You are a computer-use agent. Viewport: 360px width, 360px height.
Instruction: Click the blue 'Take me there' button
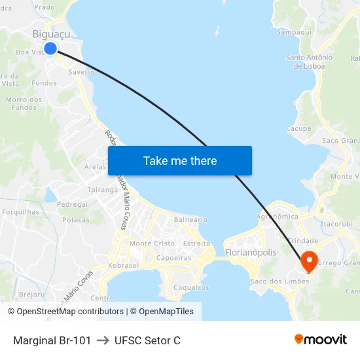pyautogui.click(x=180, y=160)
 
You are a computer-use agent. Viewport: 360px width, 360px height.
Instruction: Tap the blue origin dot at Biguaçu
pyautogui.click(x=50, y=48)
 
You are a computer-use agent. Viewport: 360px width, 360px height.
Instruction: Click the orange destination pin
pyautogui.click(x=308, y=262)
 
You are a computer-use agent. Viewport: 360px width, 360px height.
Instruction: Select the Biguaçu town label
pyautogui.click(x=51, y=34)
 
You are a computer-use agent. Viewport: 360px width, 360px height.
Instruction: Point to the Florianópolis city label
pyautogui.click(x=250, y=253)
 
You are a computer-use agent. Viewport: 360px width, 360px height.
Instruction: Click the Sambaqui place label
pyautogui.click(x=294, y=31)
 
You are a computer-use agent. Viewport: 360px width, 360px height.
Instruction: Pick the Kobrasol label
pyautogui.click(x=123, y=266)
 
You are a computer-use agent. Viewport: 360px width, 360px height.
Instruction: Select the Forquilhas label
pyautogui.click(x=21, y=212)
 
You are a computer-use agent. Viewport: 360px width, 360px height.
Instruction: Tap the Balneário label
pyautogui.click(x=191, y=220)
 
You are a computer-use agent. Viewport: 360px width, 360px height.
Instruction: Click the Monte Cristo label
pyautogui.click(x=153, y=243)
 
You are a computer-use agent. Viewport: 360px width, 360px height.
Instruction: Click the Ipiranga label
pyautogui.click(x=102, y=190)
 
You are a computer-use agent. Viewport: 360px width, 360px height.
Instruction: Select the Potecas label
pyautogui.click(x=76, y=220)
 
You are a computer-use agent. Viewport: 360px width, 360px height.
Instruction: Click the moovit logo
pyautogui.click(x=321, y=340)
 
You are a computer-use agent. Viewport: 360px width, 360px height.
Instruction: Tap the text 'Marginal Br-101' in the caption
pyautogui.click(x=52, y=340)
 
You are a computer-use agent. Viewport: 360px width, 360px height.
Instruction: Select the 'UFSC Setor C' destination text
pyautogui.click(x=147, y=340)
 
